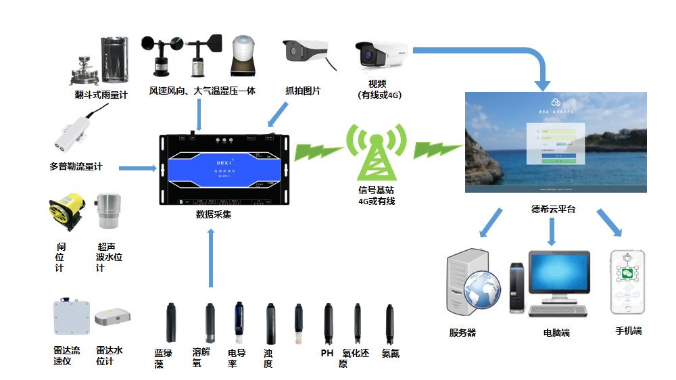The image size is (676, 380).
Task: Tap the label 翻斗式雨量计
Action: pyautogui.click(x=101, y=95)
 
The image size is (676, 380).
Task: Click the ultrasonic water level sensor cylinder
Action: pyautogui.click(x=107, y=211)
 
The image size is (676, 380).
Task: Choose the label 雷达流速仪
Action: pyautogui.click(x=67, y=356)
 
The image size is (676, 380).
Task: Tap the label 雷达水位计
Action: pyautogui.click(x=110, y=356)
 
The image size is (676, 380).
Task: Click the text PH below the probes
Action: pyautogui.click(x=327, y=353)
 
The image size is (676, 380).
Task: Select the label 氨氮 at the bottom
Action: pyautogui.click(x=391, y=353)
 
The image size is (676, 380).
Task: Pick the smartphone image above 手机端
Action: pyautogui.click(x=627, y=283)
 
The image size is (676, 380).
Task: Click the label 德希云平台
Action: pyautogui.click(x=553, y=209)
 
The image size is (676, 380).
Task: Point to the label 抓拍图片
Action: pyautogui.click(x=303, y=91)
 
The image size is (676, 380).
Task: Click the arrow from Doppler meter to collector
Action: pyautogui.click(x=138, y=167)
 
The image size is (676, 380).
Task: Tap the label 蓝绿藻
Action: pyautogui.click(x=163, y=358)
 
